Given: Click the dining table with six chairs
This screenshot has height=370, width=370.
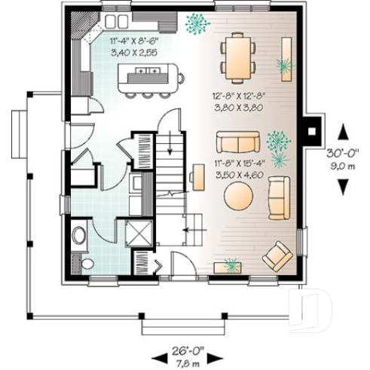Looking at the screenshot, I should (237, 57).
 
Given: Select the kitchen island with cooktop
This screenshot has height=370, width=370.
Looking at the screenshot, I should (151, 75).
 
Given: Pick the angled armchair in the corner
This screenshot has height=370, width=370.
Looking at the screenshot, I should (277, 255).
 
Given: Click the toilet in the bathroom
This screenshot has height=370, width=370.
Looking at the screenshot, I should (86, 263).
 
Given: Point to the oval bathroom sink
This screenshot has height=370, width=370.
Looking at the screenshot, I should (79, 235).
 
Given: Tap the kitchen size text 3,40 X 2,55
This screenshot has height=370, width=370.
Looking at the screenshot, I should (133, 54).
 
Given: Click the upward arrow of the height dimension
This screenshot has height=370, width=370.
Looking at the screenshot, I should (343, 132).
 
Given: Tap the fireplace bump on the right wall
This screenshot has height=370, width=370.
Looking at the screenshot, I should (310, 131).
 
